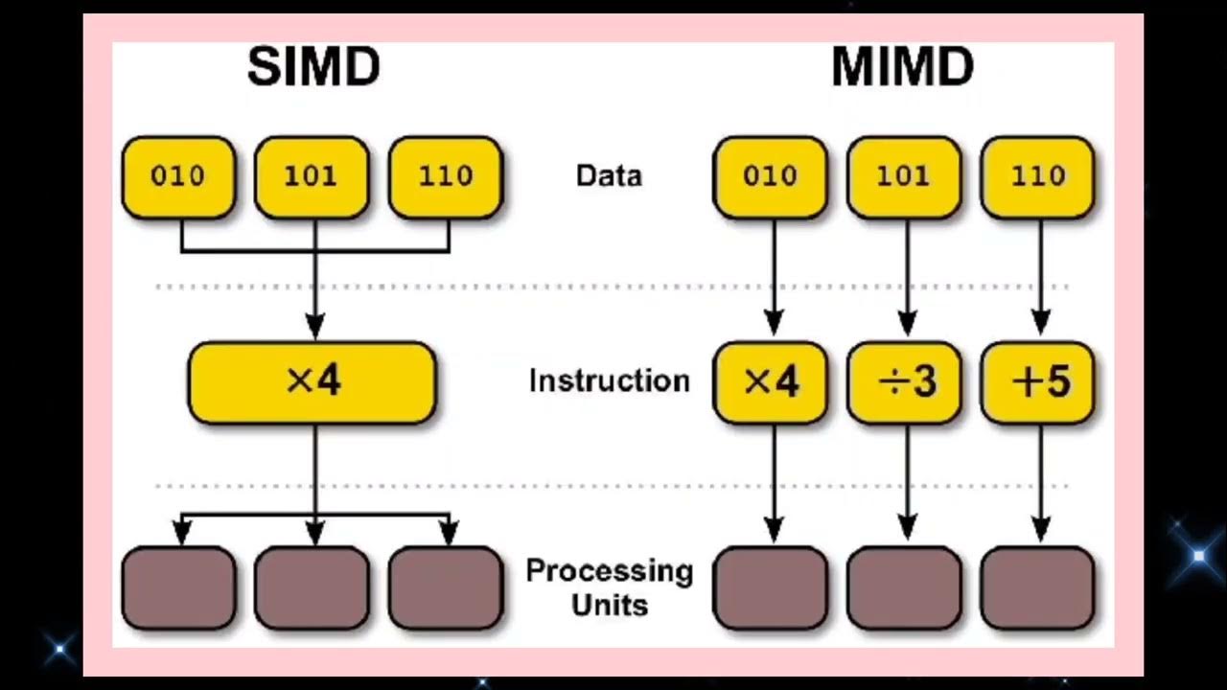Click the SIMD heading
pyautogui.click(x=313, y=68)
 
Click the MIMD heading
pyautogui.click(x=902, y=68)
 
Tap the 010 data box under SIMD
pyautogui.click(x=178, y=176)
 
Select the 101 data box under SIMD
pyautogui.click(x=312, y=176)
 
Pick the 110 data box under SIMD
pyautogui.click(x=446, y=176)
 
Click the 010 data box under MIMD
pyautogui.click(x=770, y=176)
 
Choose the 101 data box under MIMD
pyautogui.click(x=904, y=176)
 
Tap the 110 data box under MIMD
pyautogui.click(x=1036, y=176)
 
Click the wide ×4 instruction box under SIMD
pyautogui.click(x=313, y=382)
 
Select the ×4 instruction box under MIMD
pyautogui.click(x=770, y=382)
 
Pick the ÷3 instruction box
pyautogui.click(x=904, y=382)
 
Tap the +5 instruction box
pyautogui.click(x=1037, y=382)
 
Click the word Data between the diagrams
pyautogui.click(x=609, y=176)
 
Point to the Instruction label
pyautogui.click(x=609, y=380)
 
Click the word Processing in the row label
pyautogui.click(x=609, y=571)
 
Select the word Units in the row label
pyautogui.click(x=609, y=606)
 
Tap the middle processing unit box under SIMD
pyautogui.click(x=312, y=587)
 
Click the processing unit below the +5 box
pyautogui.click(x=1037, y=587)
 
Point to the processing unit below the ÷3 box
pyautogui.click(x=904, y=587)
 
